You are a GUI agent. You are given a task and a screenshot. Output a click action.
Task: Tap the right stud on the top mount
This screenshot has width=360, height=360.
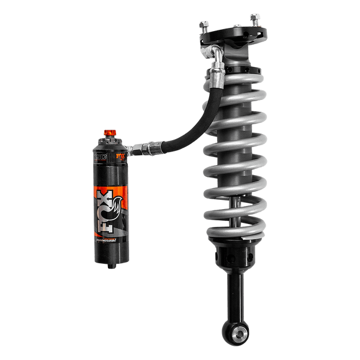pos(254,18)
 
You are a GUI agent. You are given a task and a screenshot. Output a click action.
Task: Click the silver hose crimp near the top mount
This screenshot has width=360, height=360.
pos(215,76)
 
